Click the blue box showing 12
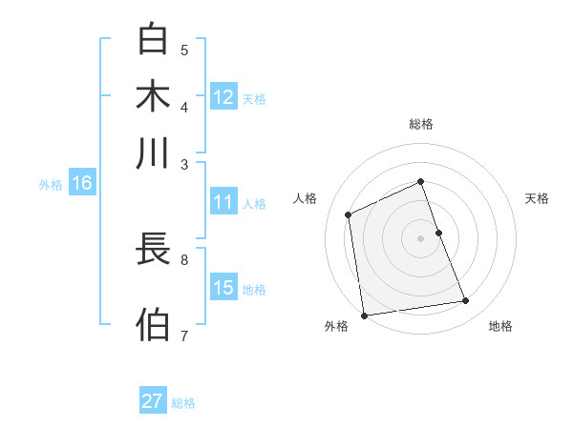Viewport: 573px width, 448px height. (223, 97)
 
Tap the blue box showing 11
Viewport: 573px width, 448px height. (223, 202)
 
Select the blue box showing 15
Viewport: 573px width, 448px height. (223, 288)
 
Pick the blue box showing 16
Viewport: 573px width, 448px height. (82, 184)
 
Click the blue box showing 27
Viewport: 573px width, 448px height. (153, 401)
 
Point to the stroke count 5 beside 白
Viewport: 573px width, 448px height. (184, 50)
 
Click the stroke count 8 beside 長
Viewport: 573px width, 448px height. (184, 257)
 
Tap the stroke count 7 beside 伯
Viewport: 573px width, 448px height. (184, 335)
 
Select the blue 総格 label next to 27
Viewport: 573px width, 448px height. (183, 403)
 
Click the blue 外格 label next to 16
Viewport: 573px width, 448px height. (51, 186)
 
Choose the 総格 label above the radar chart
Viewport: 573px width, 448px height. (421, 124)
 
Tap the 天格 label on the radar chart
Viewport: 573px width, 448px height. (537, 198)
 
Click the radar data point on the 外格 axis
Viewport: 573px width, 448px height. (364, 316)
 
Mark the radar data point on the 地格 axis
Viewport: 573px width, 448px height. (466, 301)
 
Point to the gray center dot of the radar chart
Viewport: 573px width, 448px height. (421, 237)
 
